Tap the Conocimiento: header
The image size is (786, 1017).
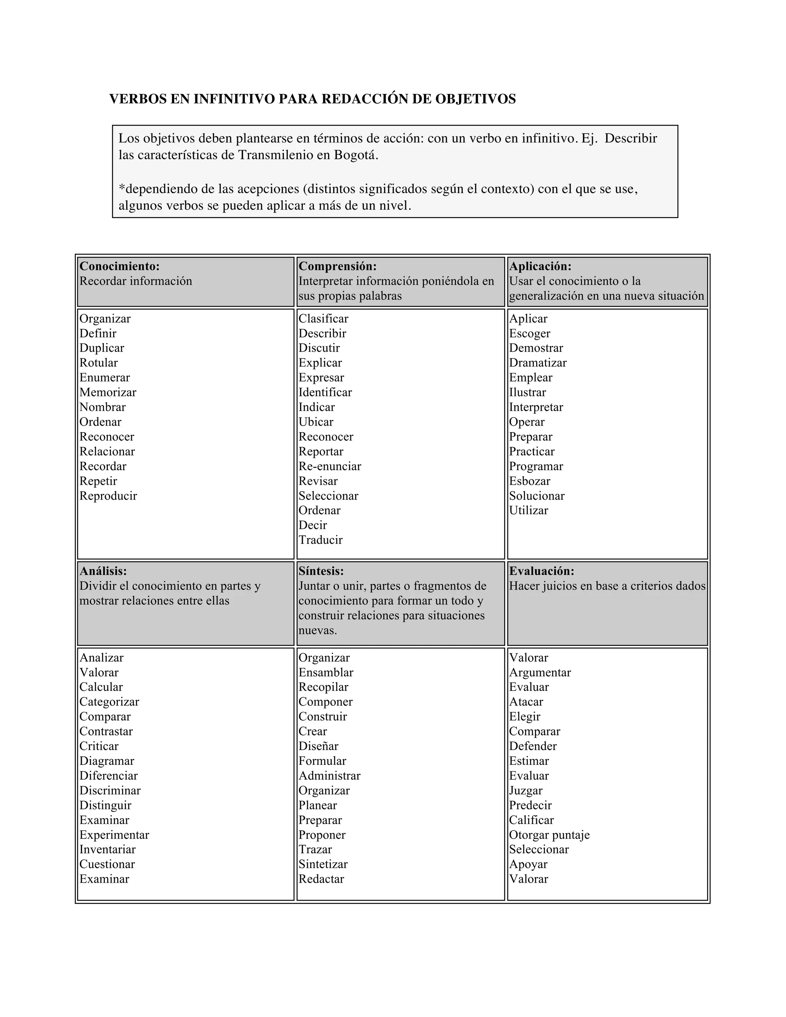coord(119,266)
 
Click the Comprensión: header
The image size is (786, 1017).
coord(337,266)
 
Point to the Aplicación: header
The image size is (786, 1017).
coord(540,266)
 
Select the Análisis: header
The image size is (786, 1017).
coord(103,571)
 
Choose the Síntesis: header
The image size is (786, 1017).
coord(321,571)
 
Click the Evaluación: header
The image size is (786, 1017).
coord(542,571)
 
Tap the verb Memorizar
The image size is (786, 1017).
coord(107,392)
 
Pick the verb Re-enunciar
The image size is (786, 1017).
coord(330,466)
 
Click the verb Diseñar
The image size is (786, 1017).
coord(319,746)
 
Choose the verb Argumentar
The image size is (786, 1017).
coord(540,672)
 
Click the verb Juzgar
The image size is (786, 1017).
coord(526,790)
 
